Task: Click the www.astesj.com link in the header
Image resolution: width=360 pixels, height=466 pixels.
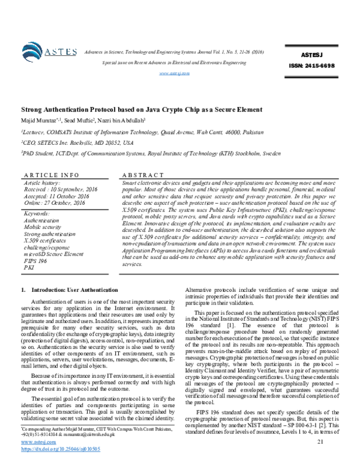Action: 174,73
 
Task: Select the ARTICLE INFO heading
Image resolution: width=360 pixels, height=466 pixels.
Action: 49,174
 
